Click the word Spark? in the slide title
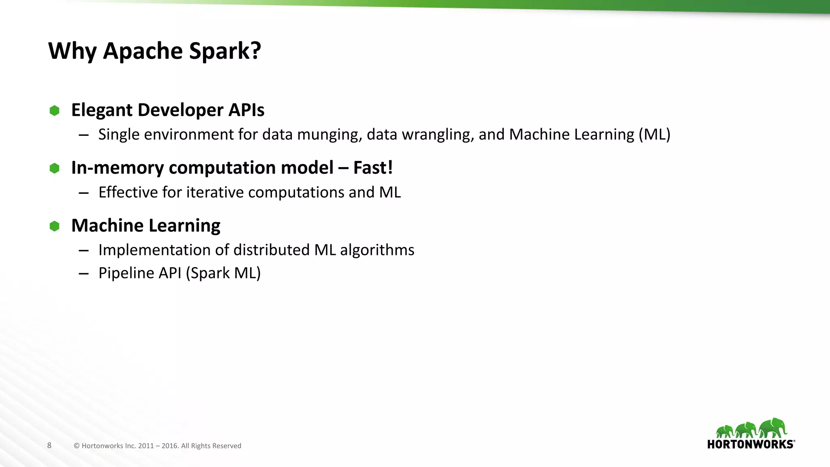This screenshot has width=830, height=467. pyautogui.click(x=225, y=51)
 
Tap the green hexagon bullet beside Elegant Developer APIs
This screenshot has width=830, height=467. pyautogui.click(x=54, y=110)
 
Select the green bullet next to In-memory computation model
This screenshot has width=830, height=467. pyautogui.click(x=54, y=168)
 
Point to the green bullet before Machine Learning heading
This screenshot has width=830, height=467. pyautogui.click(x=54, y=226)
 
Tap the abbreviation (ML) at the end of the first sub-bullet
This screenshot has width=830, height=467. pyautogui.click(x=655, y=135)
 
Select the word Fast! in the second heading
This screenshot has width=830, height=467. pyautogui.click(x=373, y=168)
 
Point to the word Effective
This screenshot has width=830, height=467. pyautogui.click(x=128, y=193)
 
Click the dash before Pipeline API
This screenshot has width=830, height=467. pyautogui.click(x=84, y=274)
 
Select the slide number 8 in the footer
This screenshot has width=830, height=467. pyautogui.click(x=49, y=445)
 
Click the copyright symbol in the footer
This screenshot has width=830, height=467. pyautogui.click(x=77, y=446)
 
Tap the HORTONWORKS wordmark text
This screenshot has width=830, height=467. pyautogui.click(x=751, y=444)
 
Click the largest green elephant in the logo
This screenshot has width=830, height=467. pyautogui.click(x=772, y=427)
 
